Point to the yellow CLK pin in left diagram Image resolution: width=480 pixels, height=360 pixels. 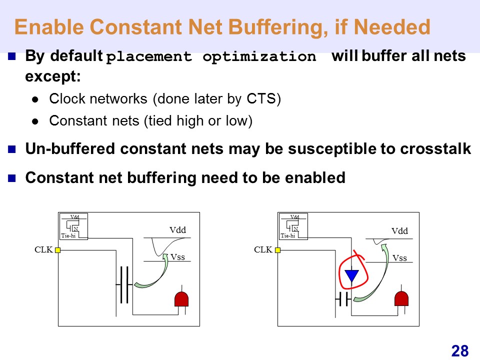tap(58, 250)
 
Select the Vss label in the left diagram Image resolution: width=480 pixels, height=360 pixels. tap(177, 257)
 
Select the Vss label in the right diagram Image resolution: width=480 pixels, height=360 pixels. tap(399, 258)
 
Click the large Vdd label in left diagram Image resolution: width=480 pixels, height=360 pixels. tap(177, 230)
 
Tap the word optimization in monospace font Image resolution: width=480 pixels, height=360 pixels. tap(259, 57)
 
